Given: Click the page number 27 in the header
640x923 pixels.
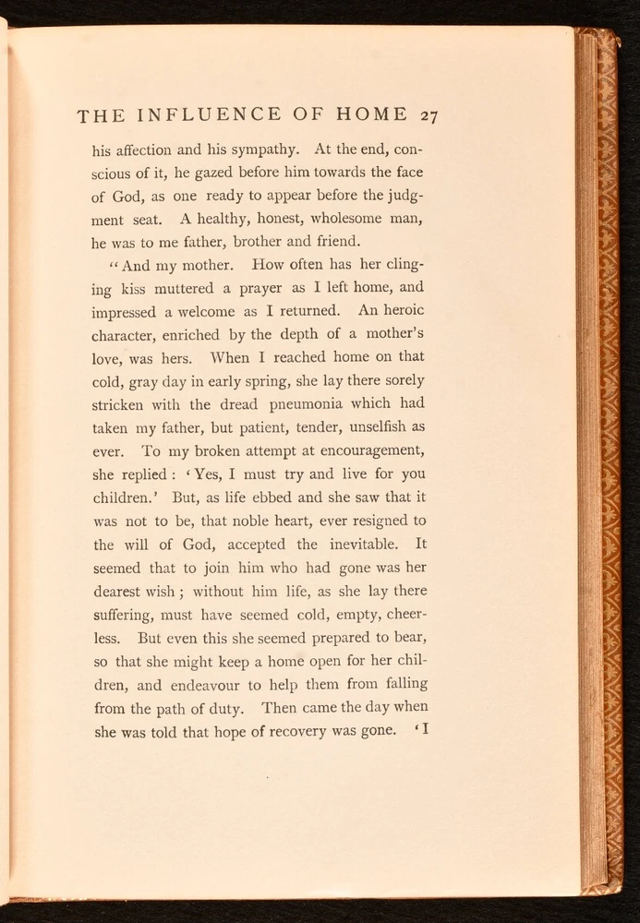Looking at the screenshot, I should click(428, 115).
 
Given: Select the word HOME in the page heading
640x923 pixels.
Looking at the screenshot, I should click(372, 115).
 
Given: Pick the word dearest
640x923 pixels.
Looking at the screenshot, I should click(119, 592).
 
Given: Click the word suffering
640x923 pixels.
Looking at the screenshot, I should click(124, 615).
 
